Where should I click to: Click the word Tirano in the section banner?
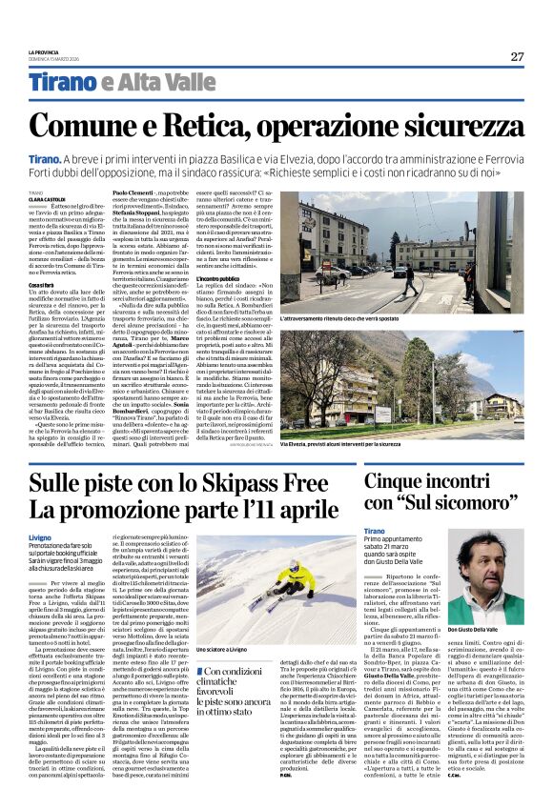(62, 83)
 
